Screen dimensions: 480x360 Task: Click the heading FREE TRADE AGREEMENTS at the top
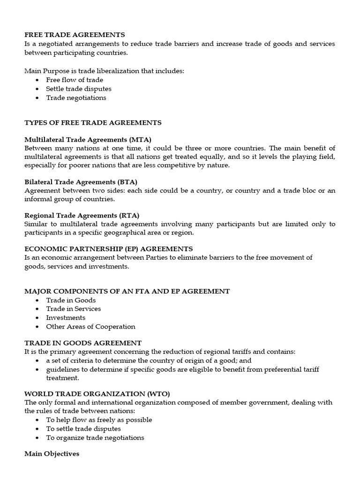(75, 35)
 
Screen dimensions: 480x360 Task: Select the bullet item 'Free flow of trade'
(74, 80)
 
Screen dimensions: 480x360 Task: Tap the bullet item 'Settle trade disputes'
(78, 89)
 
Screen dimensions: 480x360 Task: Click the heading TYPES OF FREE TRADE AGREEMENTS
(93, 122)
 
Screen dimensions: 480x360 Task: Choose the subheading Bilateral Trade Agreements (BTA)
(81, 181)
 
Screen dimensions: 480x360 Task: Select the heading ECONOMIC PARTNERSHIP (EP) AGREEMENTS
(108, 249)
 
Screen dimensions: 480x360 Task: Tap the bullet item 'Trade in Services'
(73, 308)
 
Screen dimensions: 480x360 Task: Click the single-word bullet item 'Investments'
(66, 317)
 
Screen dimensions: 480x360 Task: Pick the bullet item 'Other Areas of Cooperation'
(90, 326)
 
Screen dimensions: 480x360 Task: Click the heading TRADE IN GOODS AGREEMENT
(83, 343)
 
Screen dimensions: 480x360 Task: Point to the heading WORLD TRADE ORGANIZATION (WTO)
(94, 393)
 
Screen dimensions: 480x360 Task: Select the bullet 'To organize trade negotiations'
(95, 437)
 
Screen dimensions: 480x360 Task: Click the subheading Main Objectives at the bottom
(52, 454)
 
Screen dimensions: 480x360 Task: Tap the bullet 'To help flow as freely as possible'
(99, 420)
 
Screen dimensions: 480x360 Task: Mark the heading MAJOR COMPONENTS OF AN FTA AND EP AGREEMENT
(127, 291)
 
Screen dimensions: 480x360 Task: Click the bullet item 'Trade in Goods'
(71, 300)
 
